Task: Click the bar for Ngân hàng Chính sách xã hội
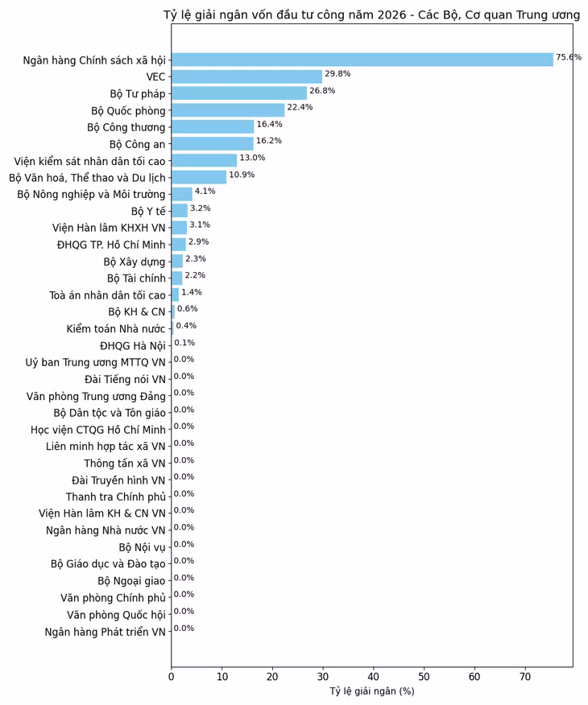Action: tap(362, 60)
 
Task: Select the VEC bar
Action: tap(246, 76)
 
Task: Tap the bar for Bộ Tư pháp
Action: tap(238, 93)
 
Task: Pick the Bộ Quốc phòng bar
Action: tap(228, 110)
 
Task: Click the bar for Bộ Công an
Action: tap(212, 143)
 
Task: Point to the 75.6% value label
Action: tap(569, 57)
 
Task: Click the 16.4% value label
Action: tap(269, 124)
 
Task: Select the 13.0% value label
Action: tap(252, 158)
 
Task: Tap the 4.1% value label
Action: tap(205, 192)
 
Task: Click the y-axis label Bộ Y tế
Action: tap(148, 211)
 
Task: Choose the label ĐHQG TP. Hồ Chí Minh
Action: tap(111, 245)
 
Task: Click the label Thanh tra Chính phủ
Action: tap(115, 497)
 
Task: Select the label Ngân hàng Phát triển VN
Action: tap(105, 632)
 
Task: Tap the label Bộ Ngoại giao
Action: tap(131, 581)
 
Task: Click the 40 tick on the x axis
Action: tap(374, 678)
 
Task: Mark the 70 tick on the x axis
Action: tap(525, 678)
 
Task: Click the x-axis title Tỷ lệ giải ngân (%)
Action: tap(371, 691)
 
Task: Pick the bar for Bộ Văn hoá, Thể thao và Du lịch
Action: tap(199, 177)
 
